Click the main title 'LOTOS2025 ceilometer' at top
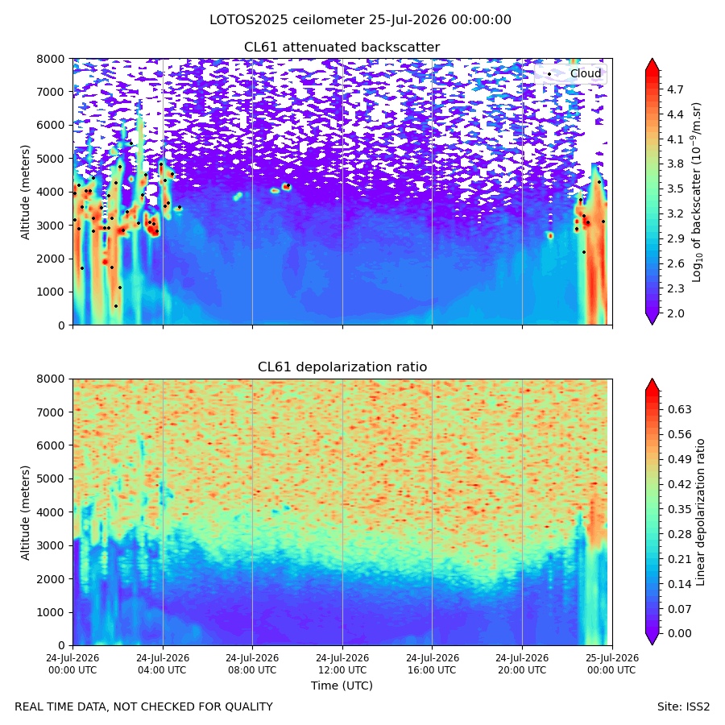coord(287,20)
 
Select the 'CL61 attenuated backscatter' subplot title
coord(342,48)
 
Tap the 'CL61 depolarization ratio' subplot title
coord(342,367)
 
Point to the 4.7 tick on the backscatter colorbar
coord(674,89)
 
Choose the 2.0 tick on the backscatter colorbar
coord(674,313)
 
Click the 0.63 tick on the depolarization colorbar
coord(679,409)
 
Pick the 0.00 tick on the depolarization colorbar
coord(679,633)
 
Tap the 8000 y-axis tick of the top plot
coord(51,59)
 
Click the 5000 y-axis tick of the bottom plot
coord(51,478)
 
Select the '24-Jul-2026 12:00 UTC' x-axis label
coord(342,664)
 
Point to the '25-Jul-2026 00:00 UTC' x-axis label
coord(611,664)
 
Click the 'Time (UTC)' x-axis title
coord(342,686)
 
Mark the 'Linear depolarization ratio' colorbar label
coord(700,512)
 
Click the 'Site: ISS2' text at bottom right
coord(683,707)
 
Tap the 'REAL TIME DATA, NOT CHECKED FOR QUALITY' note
coord(144,707)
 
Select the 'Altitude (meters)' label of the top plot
coord(25,193)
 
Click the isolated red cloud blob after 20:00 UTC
coord(550,235)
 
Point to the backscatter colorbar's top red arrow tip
coord(652,59)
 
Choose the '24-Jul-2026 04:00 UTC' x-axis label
coord(163,664)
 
